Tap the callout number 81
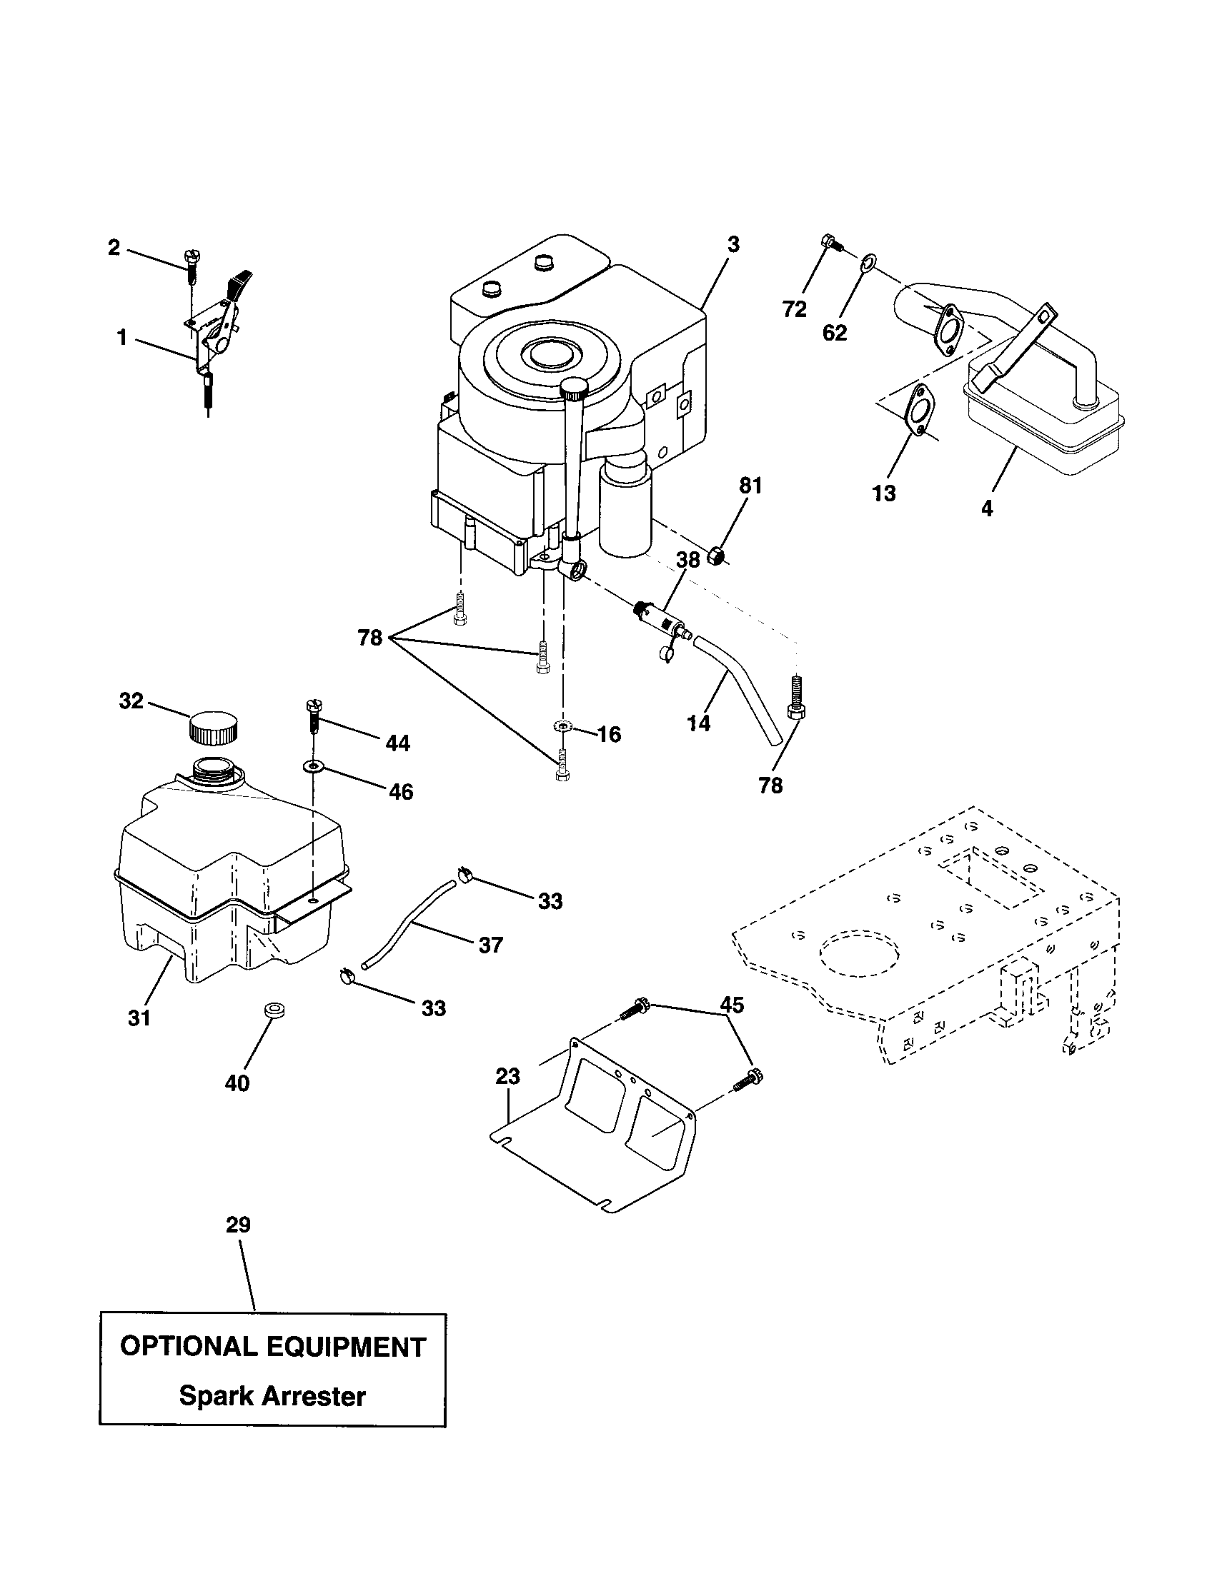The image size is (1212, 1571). tap(750, 486)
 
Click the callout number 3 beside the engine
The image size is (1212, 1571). tap(732, 244)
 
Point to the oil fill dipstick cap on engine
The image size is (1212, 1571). tap(575, 389)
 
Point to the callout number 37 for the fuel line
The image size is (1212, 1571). tap(490, 945)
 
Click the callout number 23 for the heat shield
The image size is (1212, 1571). tap(507, 1077)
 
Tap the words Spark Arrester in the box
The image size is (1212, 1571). tap(272, 1396)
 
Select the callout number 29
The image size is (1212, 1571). tap(238, 1225)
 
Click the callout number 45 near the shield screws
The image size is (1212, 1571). tap(732, 1005)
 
